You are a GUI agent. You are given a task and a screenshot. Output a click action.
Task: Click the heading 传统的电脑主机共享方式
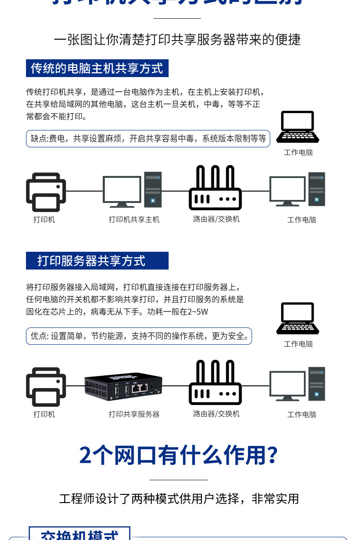(x=97, y=68)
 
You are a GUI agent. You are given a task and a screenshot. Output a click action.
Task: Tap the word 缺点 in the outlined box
(x=39, y=139)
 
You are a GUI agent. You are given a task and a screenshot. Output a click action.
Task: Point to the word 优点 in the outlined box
(x=39, y=336)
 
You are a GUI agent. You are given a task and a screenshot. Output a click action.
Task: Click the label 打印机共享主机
(x=134, y=219)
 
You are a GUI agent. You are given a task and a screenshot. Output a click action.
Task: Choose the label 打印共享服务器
(x=134, y=414)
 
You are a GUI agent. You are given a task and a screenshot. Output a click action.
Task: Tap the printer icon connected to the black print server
(x=46, y=387)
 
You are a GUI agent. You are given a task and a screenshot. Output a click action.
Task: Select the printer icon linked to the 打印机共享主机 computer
(x=46, y=192)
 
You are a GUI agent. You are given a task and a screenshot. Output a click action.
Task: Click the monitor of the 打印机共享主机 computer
(x=122, y=192)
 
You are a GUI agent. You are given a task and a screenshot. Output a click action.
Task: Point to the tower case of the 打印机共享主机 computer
(x=153, y=189)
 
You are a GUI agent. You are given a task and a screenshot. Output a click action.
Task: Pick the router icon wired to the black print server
(x=215, y=383)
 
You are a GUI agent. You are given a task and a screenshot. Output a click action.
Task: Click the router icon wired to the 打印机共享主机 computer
(x=215, y=188)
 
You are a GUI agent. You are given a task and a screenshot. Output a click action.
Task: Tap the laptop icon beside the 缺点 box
(x=298, y=127)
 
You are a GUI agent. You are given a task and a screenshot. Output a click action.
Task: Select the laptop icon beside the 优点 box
(x=298, y=318)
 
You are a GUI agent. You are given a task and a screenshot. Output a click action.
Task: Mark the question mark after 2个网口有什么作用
(x=272, y=455)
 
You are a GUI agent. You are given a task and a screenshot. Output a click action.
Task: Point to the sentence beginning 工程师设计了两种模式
(x=179, y=498)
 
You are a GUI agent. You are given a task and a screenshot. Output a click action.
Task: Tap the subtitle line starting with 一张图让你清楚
(x=177, y=40)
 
